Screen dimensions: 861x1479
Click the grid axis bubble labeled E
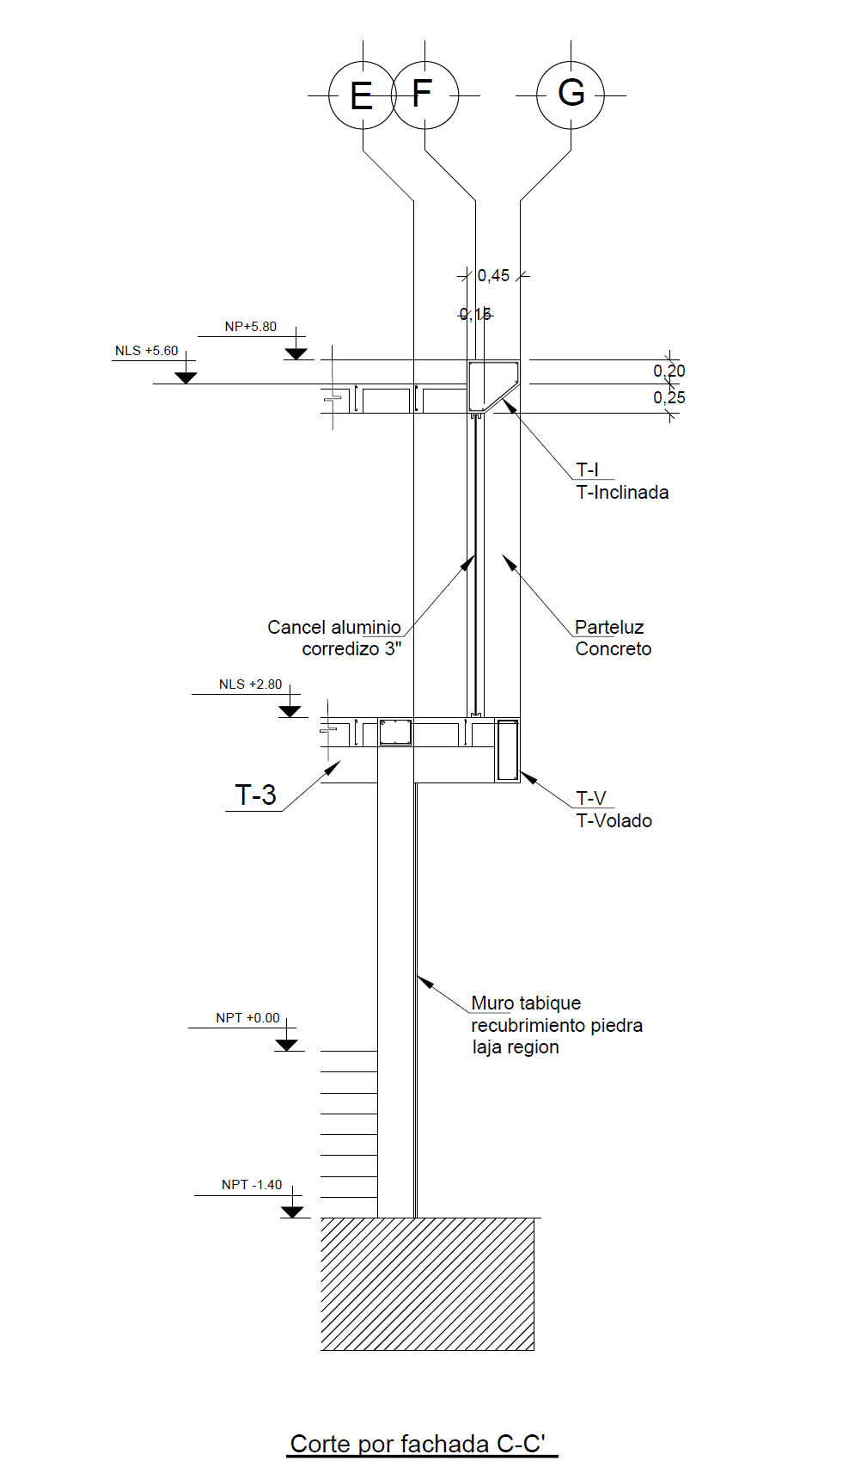(x=362, y=95)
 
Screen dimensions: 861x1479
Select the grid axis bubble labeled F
(x=424, y=95)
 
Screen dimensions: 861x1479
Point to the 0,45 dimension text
(x=493, y=276)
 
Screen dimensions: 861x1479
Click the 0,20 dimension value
(x=669, y=371)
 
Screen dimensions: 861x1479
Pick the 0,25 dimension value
(x=669, y=397)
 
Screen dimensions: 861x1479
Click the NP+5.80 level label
(x=251, y=327)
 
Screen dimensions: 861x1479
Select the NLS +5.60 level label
(x=147, y=351)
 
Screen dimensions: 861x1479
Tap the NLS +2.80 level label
(x=250, y=684)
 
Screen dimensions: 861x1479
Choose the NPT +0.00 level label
(x=247, y=1018)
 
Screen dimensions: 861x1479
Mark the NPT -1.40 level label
(x=252, y=1185)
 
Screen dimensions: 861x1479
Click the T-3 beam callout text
(x=255, y=795)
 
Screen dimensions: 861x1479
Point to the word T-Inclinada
(x=622, y=493)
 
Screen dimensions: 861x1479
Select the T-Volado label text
(x=614, y=821)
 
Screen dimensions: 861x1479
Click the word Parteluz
(x=609, y=628)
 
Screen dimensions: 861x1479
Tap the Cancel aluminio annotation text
(x=334, y=628)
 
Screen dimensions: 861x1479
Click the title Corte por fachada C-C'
(x=418, y=1444)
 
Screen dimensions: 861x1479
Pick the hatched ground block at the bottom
(x=427, y=1284)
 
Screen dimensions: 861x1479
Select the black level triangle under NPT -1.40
(x=292, y=1212)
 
